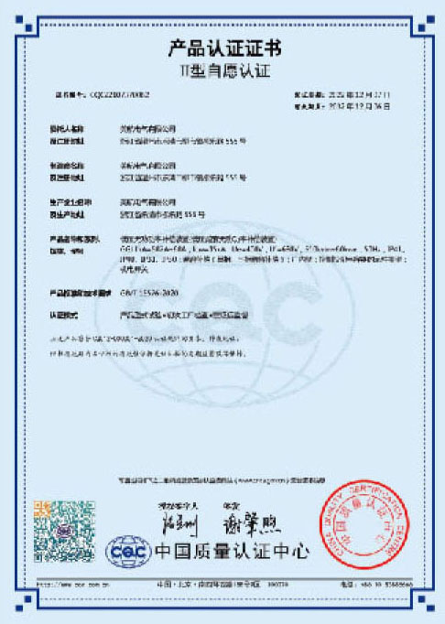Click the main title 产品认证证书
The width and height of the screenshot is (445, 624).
222,48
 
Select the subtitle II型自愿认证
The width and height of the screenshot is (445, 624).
222,70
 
